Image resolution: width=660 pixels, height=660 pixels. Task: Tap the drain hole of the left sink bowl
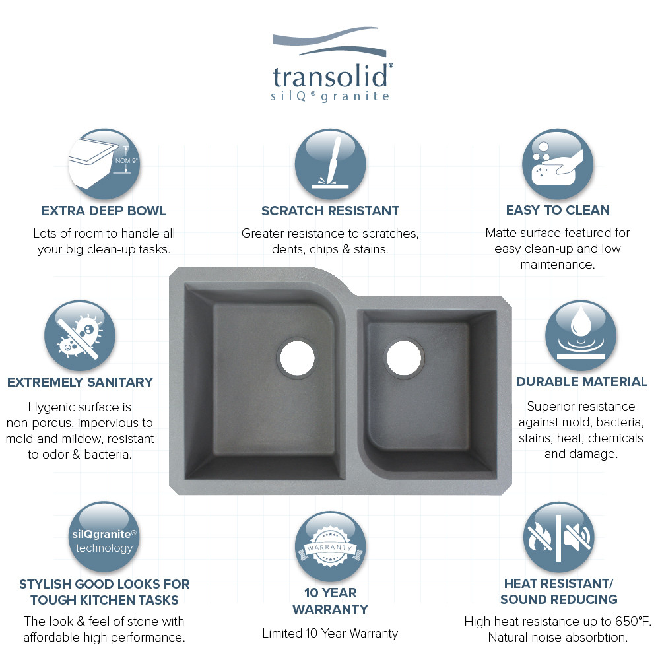[x=297, y=357]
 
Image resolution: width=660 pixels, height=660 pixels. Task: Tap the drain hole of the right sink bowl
[x=403, y=356]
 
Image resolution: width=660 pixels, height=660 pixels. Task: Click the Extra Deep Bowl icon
[x=103, y=164]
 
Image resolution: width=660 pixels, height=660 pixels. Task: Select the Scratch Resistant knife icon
[x=330, y=164]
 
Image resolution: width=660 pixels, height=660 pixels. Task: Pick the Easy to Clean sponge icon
[x=558, y=164]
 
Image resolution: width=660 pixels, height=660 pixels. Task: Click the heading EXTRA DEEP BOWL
[x=104, y=211]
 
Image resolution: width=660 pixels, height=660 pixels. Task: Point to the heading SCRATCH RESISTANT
[x=330, y=211]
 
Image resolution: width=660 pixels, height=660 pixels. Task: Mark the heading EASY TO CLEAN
[x=558, y=211]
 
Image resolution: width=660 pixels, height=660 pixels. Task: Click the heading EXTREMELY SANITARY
[x=80, y=382]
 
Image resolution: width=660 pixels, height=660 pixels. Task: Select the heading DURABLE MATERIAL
[x=581, y=382]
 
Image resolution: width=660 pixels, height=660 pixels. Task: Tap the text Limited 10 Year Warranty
[x=330, y=634]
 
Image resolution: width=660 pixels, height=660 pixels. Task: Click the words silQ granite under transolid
[x=331, y=96]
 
